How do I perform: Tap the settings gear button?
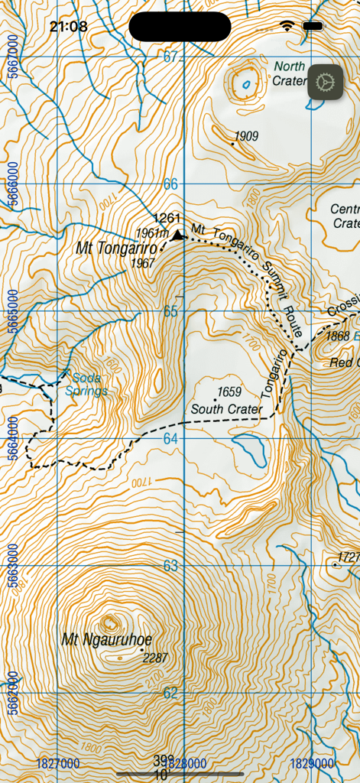click(x=325, y=82)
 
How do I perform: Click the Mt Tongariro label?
click(x=116, y=249)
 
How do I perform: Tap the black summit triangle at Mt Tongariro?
click(x=178, y=236)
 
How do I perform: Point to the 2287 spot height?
click(x=154, y=658)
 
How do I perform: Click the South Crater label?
click(x=226, y=409)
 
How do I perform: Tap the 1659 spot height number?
click(x=229, y=392)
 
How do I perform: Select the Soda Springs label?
click(x=86, y=384)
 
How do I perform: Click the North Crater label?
click(x=290, y=73)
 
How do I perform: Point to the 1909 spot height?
click(x=246, y=137)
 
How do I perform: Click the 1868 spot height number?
click(x=337, y=336)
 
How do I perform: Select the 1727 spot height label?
click(x=349, y=557)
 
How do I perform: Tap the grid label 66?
click(x=170, y=184)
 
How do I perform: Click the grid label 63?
click(x=170, y=566)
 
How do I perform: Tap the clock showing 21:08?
click(x=68, y=27)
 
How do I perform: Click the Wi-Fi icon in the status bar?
click(x=287, y=26)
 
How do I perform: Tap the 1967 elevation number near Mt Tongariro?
click(x=143, y=263)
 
